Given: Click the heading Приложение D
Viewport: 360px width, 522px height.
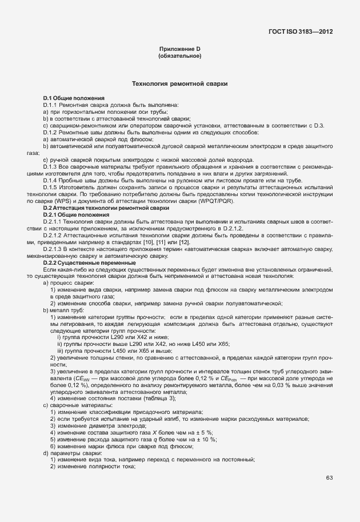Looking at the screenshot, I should tap(180, 50).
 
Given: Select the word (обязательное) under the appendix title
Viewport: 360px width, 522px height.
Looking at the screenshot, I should tap(180, 57).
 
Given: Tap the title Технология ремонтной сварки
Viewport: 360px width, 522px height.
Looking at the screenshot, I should tap(180, 84).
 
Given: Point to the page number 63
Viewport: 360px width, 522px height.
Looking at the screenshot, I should tap(330, 478).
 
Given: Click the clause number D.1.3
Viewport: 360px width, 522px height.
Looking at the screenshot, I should tap(54, 166).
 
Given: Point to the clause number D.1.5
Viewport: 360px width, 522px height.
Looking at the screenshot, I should tap(54, 188).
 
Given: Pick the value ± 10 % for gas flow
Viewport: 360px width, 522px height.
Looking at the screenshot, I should tap(206, 439).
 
